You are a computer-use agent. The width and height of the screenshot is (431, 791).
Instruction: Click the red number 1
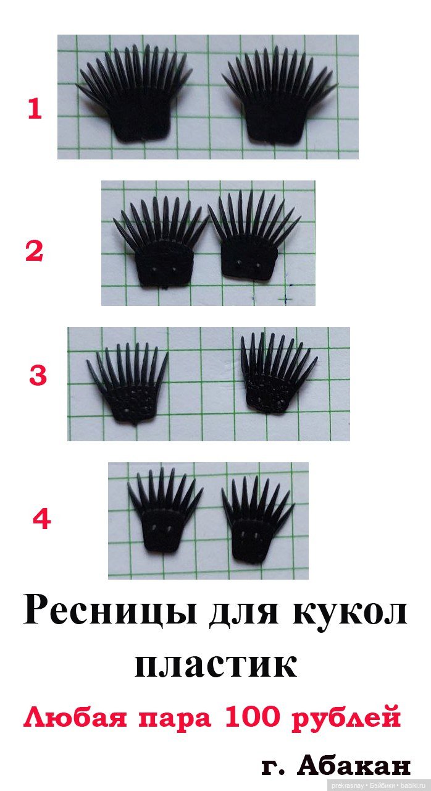tap(35, 109)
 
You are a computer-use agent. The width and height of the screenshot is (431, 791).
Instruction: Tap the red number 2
tap(34, 252)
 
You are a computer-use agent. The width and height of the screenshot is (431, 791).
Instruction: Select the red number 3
tap(38, 375)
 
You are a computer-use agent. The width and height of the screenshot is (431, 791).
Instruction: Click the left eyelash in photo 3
tap(128, 385)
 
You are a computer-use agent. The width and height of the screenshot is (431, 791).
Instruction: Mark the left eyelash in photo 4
tap(165, 512)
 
